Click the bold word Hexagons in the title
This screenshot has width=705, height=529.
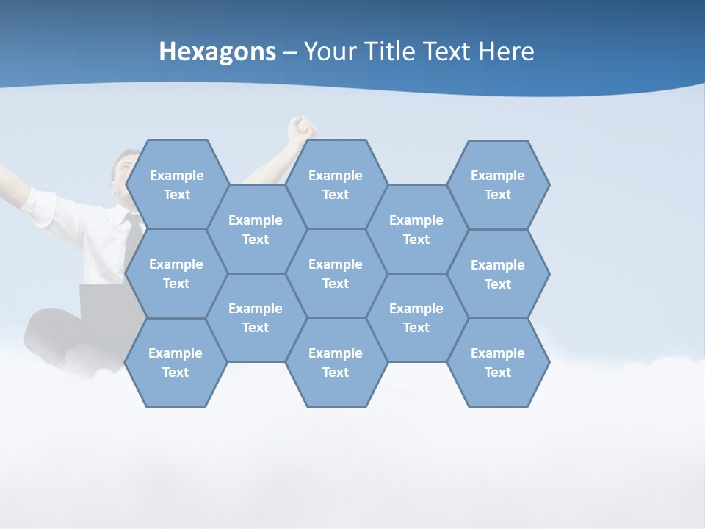tap(217, 51)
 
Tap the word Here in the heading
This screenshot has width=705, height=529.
tap(506, 51)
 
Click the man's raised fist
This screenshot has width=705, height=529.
tap(301, 128)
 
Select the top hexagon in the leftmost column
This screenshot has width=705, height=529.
tap(176, 184)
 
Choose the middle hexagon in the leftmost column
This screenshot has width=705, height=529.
tap(176, 273)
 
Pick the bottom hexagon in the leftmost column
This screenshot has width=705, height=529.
tap(176, 362)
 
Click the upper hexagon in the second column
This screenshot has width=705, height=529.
tap(255, 229)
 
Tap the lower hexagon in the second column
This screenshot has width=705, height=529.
tap(255, 317)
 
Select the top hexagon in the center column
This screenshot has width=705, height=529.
tap(336, 184)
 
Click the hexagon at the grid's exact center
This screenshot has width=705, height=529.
tap(336, 273)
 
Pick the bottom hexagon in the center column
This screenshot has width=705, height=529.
tap(336, 362)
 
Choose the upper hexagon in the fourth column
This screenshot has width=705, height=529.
tap(416, 229)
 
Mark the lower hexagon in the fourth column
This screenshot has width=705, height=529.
tap(416, 317)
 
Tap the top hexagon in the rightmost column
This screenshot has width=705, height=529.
tap(498, 184)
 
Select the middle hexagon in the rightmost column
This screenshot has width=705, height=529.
tap(498, 274)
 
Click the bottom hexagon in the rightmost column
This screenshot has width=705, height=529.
tap(498, 362)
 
